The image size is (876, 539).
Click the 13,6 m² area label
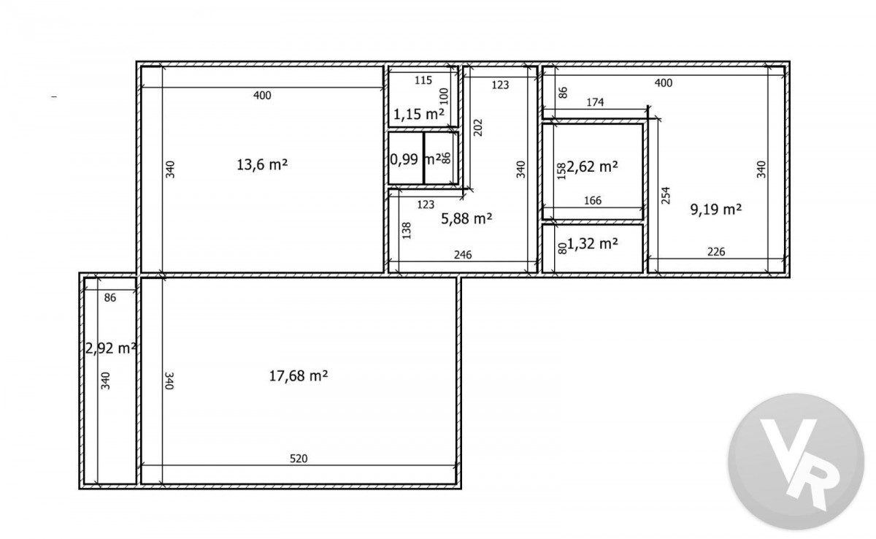pos(262,164)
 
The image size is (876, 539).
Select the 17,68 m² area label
pos(299,376)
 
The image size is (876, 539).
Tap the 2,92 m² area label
pos(110,348)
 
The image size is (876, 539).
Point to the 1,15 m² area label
pos(419,114)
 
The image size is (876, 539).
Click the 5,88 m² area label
pos(466,218)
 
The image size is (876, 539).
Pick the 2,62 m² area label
pos(592,167)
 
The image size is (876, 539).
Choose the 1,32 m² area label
pos(592,244)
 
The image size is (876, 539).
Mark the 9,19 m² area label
pos(716,210)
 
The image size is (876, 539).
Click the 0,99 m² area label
pos(415,159)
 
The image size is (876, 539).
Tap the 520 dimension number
pos(299,459)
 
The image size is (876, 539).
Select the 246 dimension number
pos(463,255)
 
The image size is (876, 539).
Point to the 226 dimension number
pos(716,251)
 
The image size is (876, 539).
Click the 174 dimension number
pos(595,102)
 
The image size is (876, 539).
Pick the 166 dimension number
pos(593,201)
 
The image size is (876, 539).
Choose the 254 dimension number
pos(666,196)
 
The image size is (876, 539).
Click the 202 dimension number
pos(478,128)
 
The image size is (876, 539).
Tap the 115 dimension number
pos(423,80)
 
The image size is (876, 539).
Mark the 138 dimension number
pos(407,231)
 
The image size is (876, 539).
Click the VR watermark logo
pos(796,462)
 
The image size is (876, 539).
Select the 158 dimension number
pos(561,172)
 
